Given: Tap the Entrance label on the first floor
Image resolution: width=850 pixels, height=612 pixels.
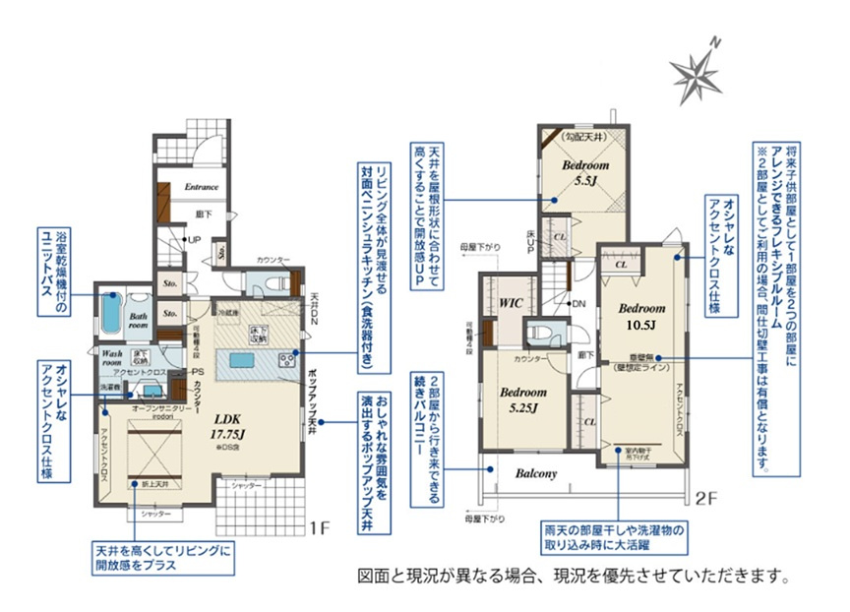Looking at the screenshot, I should click(202, 186).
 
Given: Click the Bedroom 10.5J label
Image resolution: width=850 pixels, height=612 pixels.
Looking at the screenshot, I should click(640, 315).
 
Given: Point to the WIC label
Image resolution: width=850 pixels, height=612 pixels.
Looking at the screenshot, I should click(511, 303).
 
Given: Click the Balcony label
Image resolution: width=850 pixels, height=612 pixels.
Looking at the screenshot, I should click(535, 473).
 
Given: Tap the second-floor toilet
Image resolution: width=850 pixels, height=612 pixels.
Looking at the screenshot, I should click(539, 332).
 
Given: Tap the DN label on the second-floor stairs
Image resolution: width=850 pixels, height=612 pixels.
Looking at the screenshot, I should click(578, 303).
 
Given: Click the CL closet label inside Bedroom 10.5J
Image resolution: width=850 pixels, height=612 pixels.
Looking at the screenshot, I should click(622, 265).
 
